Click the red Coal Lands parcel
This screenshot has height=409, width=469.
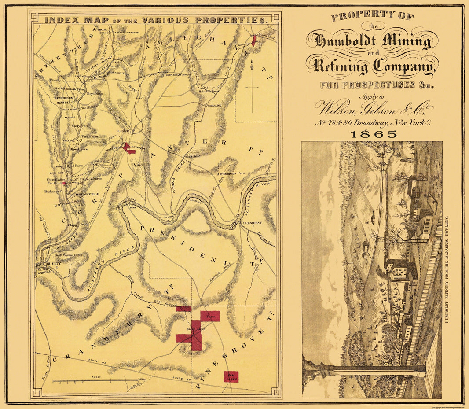click(231, 376)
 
